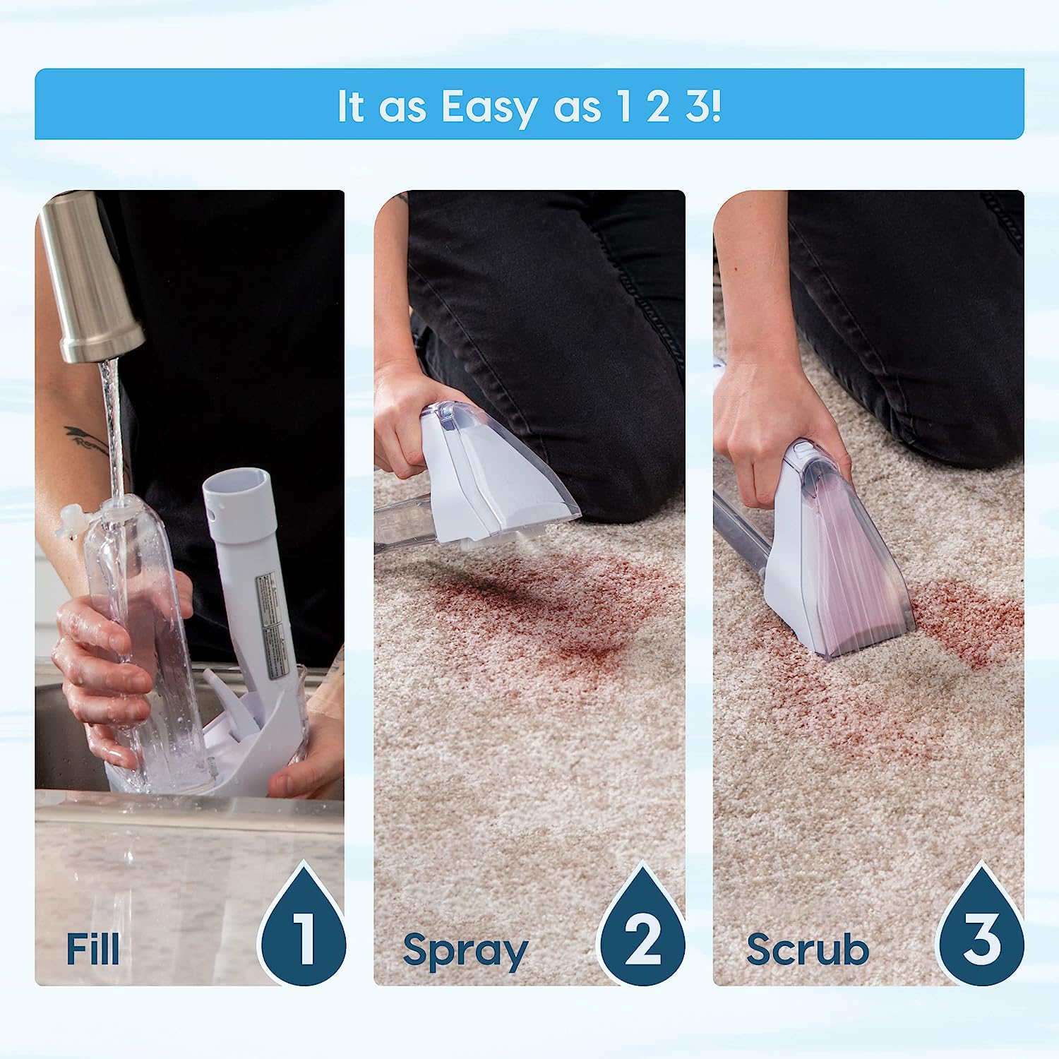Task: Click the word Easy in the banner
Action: [489, 108]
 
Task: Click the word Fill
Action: [92, 948]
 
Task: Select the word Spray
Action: [465, 951]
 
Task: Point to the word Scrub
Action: [807, 949]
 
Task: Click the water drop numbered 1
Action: [304, 931]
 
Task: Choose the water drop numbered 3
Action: [981, 931]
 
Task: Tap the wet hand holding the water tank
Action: [99, 678]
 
